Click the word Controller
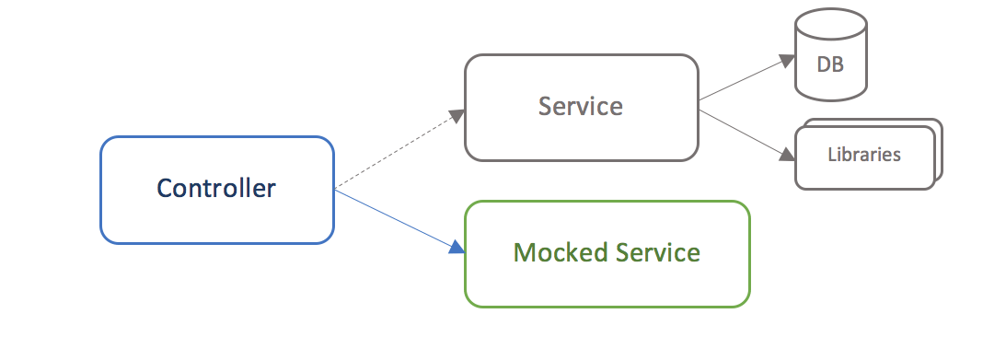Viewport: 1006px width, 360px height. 216,189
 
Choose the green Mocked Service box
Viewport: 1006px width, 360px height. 607,285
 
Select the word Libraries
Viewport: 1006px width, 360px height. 863,155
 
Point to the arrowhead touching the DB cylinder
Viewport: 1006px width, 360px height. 788,60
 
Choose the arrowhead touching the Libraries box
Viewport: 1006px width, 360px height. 788,156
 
